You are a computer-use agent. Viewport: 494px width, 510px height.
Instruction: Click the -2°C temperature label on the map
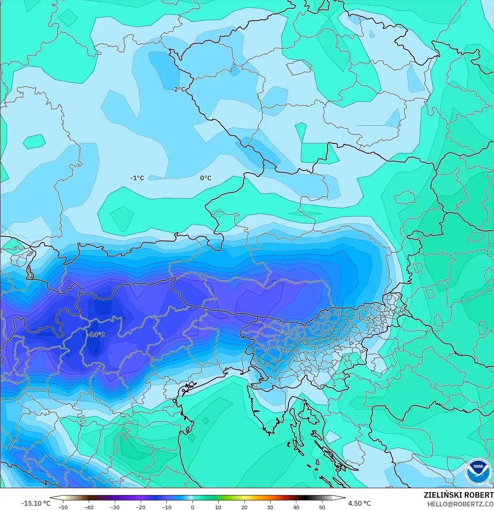click(x=178, y=90)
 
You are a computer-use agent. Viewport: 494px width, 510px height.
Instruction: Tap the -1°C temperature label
click(x=137, y=178)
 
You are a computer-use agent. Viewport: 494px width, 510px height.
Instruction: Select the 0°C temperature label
click(x=206, y=178)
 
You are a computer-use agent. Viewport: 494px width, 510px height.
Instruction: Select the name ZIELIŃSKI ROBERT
click(x=458, y=495)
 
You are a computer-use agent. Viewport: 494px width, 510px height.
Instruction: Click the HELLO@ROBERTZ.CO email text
click(x=460, y=504)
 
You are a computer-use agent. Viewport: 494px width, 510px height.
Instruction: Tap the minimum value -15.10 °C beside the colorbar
click(x=36, y=503)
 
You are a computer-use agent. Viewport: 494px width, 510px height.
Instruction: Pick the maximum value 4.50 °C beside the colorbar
click(x=359, y=503)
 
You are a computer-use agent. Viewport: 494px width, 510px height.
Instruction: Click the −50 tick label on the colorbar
click(x=63, y=507)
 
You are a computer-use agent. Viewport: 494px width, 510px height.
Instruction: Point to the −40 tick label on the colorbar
click(x=89, y=507)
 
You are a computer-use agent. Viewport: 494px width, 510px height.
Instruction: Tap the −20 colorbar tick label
click(x=141, y=507)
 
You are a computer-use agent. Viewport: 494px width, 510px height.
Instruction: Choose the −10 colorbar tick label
click(x=166, y=507)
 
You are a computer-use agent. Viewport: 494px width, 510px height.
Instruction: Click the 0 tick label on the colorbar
click(x=193, y=507)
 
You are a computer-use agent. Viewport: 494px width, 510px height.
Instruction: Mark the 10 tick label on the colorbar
click(x=218, y=507)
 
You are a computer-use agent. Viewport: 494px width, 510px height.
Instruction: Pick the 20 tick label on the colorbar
click(x=244, y=507)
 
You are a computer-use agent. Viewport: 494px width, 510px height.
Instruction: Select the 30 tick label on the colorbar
click(x=270, y=507)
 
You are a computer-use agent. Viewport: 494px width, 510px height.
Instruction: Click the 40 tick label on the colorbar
click(x=296, y=507)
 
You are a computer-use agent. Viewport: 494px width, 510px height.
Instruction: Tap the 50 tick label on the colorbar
click(x=322, y=507)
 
